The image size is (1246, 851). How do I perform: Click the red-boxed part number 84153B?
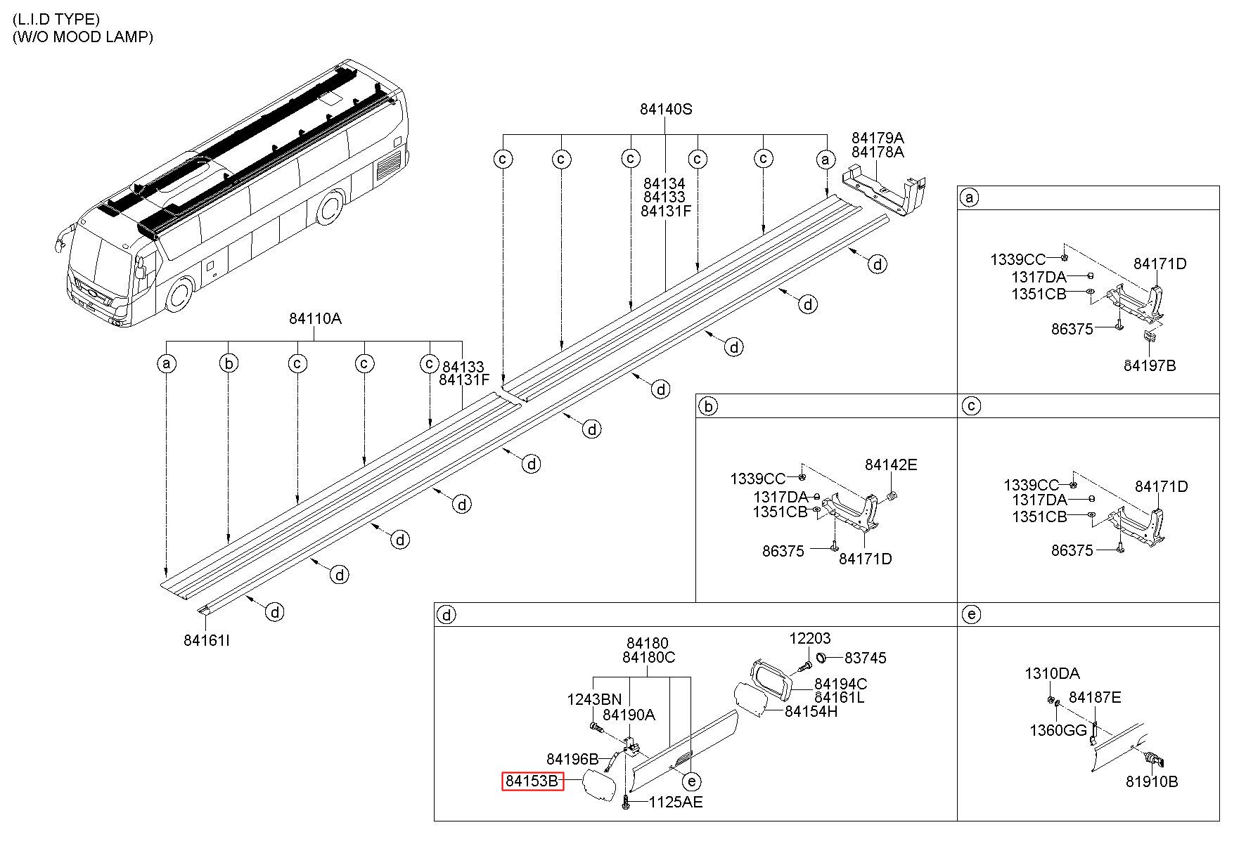pos(532,781)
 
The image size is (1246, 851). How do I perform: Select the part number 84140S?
pos(665,109)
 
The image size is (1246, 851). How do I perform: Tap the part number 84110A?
pos(315,318)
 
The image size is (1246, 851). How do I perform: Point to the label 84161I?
pos(207,640)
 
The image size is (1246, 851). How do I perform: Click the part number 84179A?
pos(878,138)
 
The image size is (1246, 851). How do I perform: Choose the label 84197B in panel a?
pos(1149,365)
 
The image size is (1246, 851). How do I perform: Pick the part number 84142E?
pos(891,465)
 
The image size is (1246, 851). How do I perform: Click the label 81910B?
pos(1152,781)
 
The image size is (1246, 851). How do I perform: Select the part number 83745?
pos(865,658)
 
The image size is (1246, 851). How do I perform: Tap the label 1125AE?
pos(675,802)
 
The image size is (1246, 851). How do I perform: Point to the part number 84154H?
pos(811,711)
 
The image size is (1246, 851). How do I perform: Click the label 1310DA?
pos(1052,674)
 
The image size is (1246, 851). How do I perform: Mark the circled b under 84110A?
pos(229,363)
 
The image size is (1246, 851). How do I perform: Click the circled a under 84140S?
pos(826,160)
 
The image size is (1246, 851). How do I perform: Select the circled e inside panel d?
pos(692,781)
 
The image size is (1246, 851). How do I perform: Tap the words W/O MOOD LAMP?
pos(83,37)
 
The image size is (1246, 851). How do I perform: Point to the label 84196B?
pos(572,759)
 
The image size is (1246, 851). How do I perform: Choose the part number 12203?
pos(809,638)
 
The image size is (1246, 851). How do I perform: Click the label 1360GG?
pos(1058,730)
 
